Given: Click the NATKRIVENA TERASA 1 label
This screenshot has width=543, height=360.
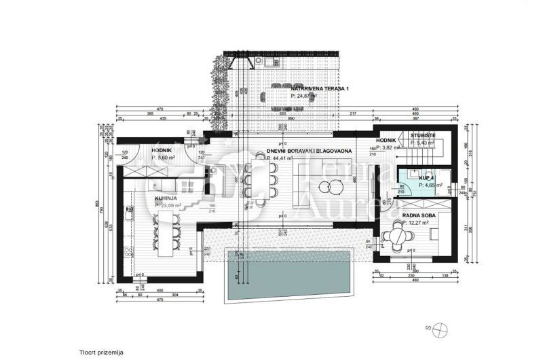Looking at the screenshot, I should (x=319, y=89).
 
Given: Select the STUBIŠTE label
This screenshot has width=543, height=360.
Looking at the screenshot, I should (x=423, y=135).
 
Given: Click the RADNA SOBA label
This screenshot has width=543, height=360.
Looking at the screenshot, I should (x=418, y=215).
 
